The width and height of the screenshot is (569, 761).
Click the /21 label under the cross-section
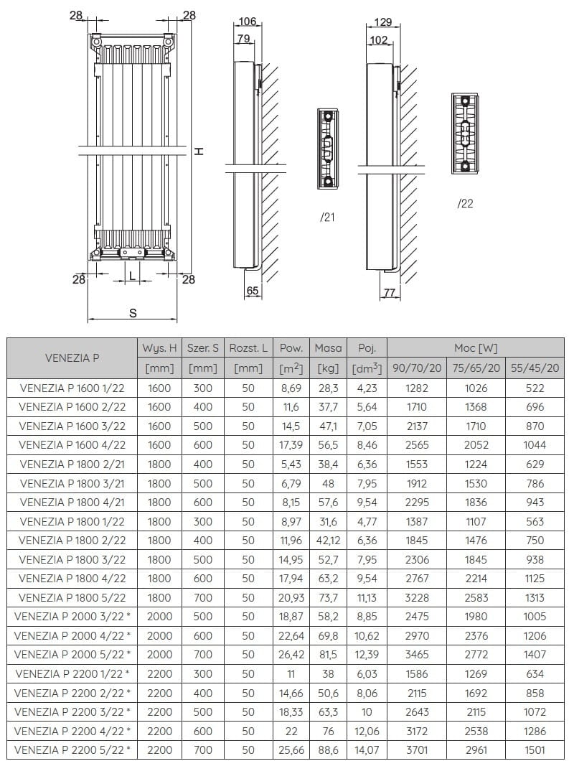pyautogui.click(x=327, y=218)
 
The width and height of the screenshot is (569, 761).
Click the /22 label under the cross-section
pyautogui.click(x=465, y=204)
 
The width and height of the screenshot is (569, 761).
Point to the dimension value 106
pyautogui.click(x=248, y=22)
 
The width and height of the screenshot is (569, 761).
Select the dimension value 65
pyautogui.click(x=253, y=291)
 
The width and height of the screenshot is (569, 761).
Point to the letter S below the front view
pyautogui.click(x=133, y=313)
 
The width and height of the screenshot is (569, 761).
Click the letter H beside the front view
pyautogui.click(x=200, y=151)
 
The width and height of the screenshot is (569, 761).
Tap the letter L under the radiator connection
pyautogui.click(x=132, y=273)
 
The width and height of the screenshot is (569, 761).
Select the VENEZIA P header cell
pyautogui.click(x=72, y=358)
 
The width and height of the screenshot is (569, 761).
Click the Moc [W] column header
pyautogui.click(x=475, y=348)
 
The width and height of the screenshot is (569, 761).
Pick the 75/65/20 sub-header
pyautogui.click(x=475, y=368)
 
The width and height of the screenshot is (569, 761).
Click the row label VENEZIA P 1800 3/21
pyautogui.click(x=72, y=483)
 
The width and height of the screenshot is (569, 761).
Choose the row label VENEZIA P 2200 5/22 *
pyautogui.click(x=72, y=750)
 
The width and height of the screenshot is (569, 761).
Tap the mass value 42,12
pyautogui.click(x=328, y=541)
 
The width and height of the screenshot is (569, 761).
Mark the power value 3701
pyautogui.click(x=416, y=750)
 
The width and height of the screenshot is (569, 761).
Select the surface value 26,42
pyautogui.click(x=291, y=655)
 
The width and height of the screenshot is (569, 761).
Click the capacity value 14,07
pyautogui.click(x=366, y=750)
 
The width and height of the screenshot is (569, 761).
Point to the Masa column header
pyautogui.click(x=328, y=348)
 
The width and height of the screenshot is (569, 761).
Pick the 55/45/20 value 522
pyautogui.click(x=535, y=388)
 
